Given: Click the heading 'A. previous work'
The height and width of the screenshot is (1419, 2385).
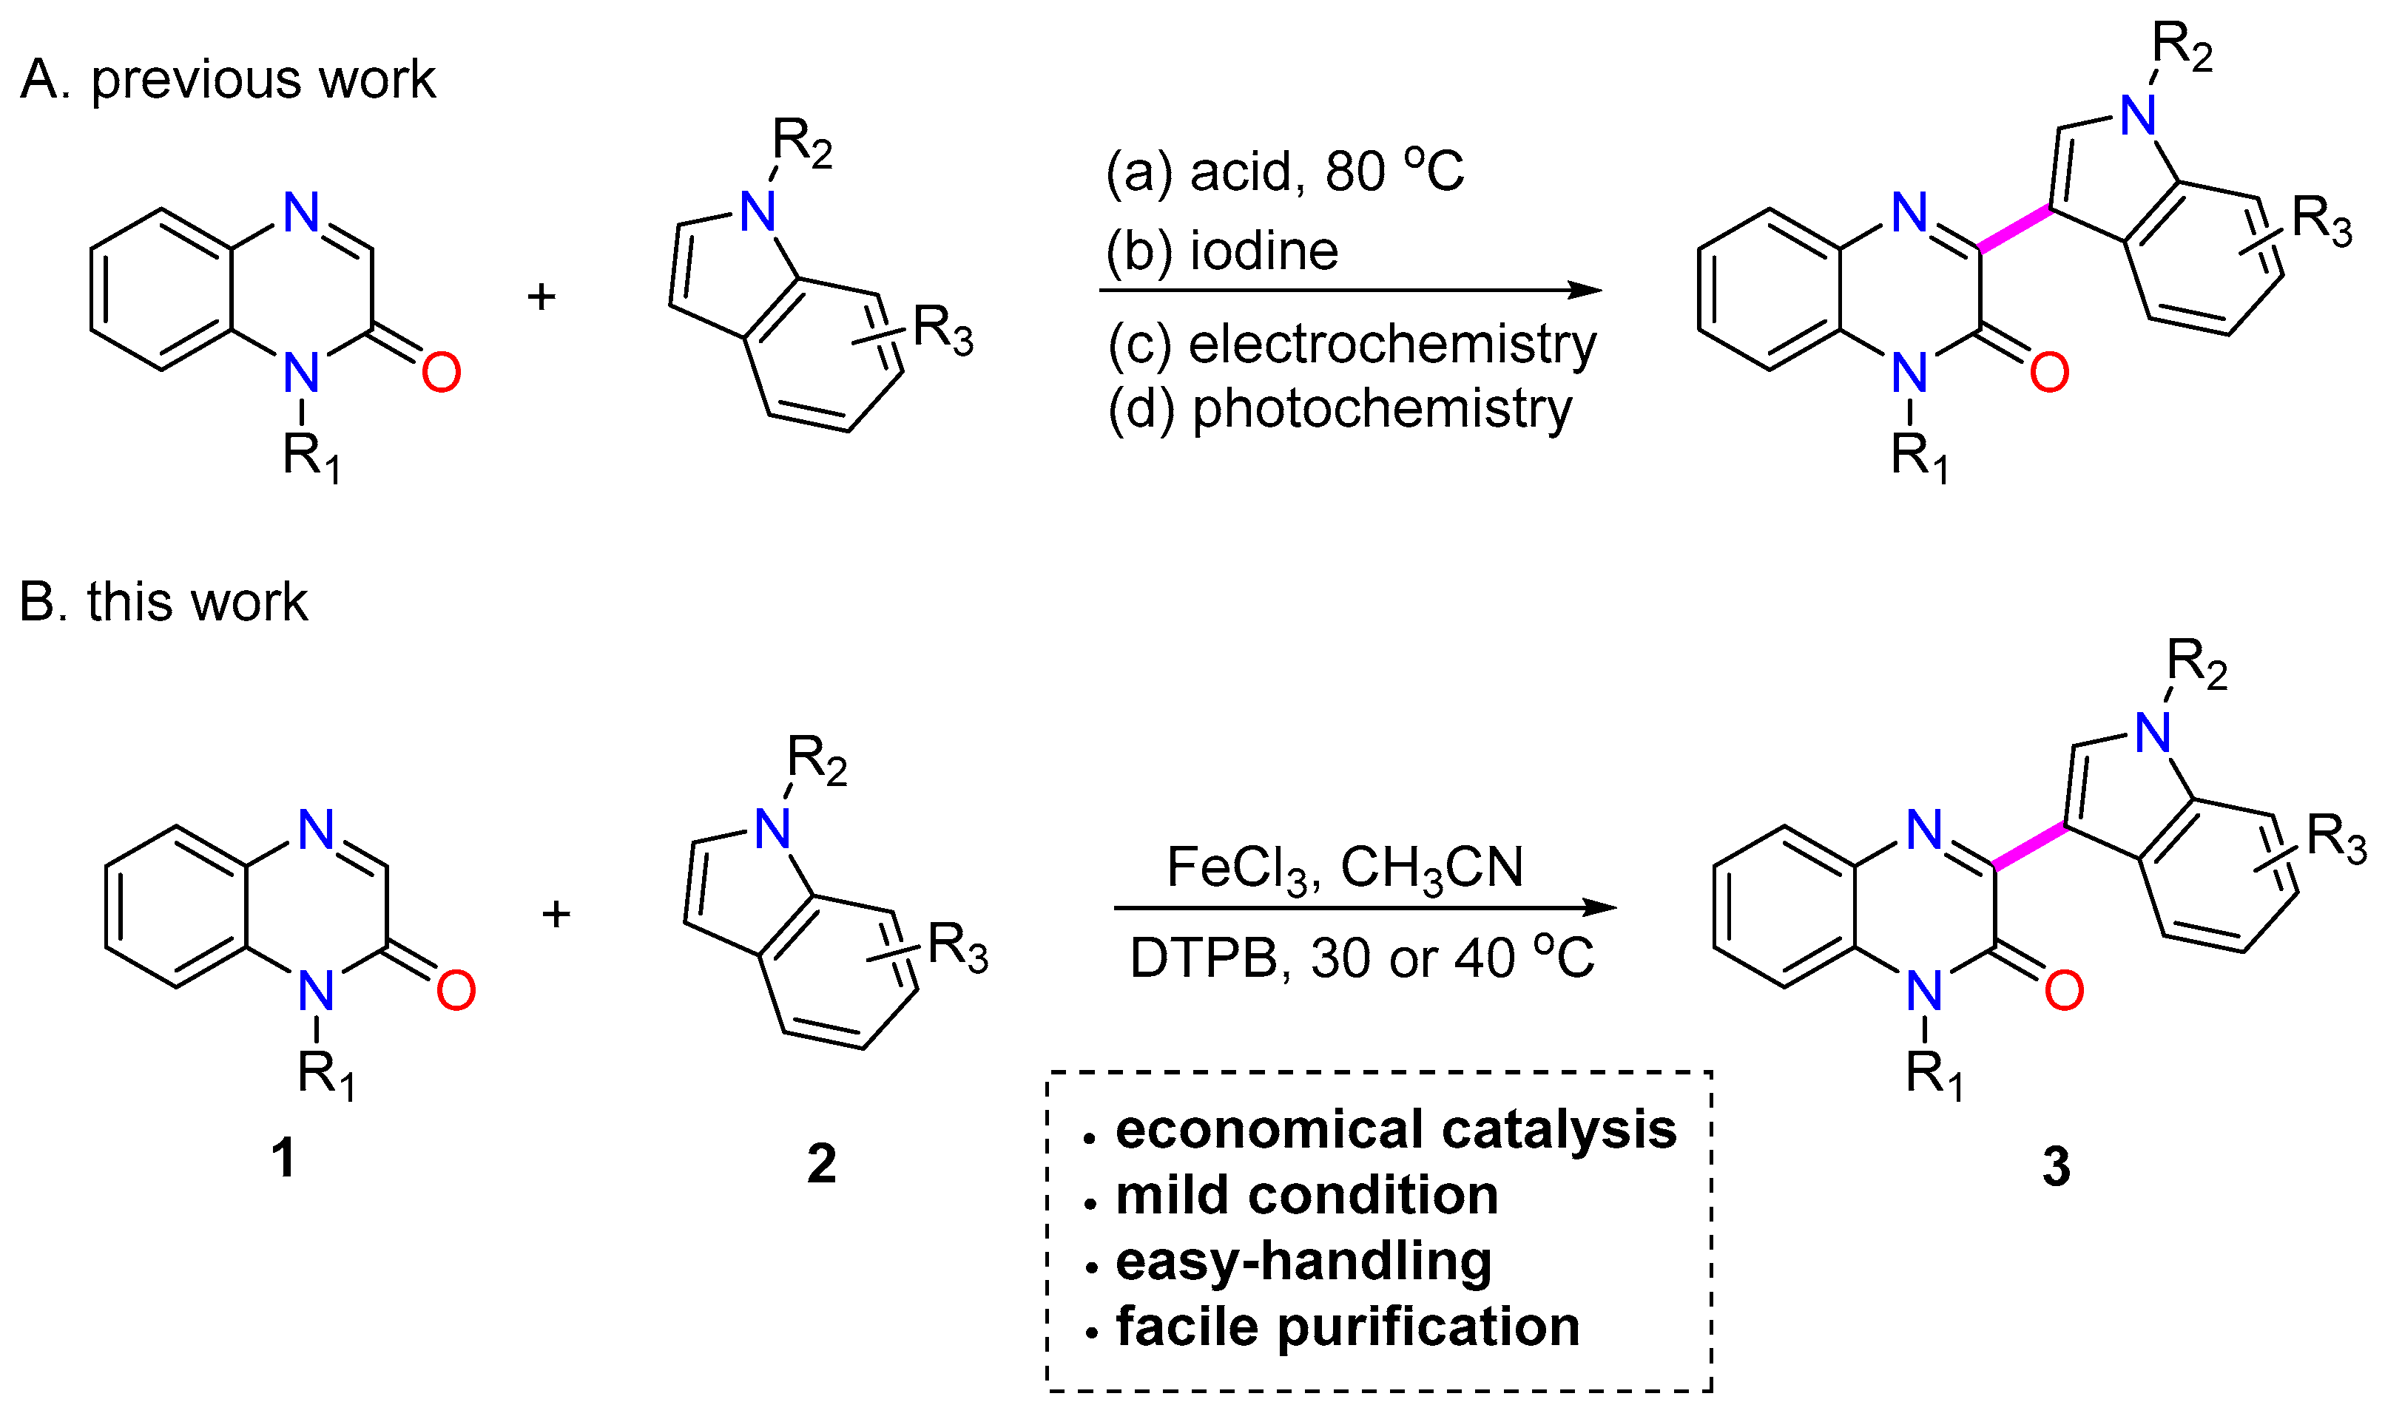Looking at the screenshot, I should click(x=228, y=78).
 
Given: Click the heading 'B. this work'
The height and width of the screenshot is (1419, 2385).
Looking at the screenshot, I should click(x=163, y=603).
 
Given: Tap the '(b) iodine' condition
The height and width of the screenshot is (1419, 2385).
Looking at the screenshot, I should click(x=1221, y=251).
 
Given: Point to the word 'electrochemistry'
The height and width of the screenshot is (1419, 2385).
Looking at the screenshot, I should click(x=1391, y=345).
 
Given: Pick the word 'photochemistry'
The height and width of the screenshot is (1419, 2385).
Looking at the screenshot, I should click(x=1382, y=409).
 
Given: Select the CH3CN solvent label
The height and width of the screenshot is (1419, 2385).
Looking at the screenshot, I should click(x=1431, y=868).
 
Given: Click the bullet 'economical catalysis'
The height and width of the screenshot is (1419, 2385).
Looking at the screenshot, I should click(x=1395, y=1129).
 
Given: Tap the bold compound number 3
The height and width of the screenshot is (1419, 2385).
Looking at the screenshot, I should click(x=2056, y=1167).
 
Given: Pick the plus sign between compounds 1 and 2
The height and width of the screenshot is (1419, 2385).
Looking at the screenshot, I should click(x=556, y=913).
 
